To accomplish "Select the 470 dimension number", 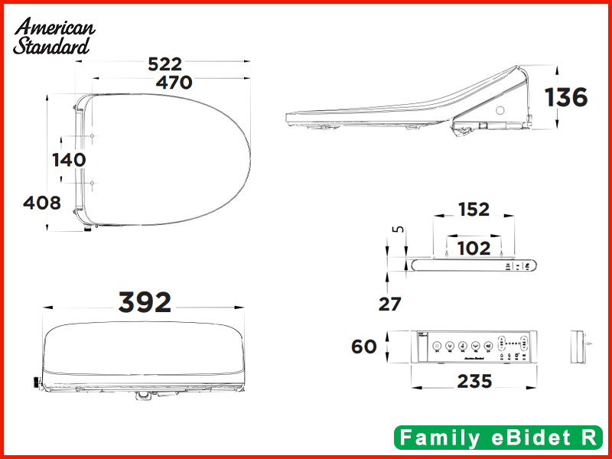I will [x=174, y=83].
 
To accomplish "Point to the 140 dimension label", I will [x=69, y=160].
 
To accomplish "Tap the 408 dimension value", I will [x=42, y=203].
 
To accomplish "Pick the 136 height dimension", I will [x=566, y=98].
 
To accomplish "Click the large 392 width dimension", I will [x=145, y=303].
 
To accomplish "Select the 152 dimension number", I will [x=474, y=210].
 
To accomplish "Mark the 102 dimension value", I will [x=474, y=248].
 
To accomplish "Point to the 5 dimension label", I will [x=396, y=229].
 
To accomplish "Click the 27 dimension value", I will [x=390, y=304].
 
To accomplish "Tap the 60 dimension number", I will [x=364, y=347].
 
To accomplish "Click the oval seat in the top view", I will [x=164, y=160].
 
